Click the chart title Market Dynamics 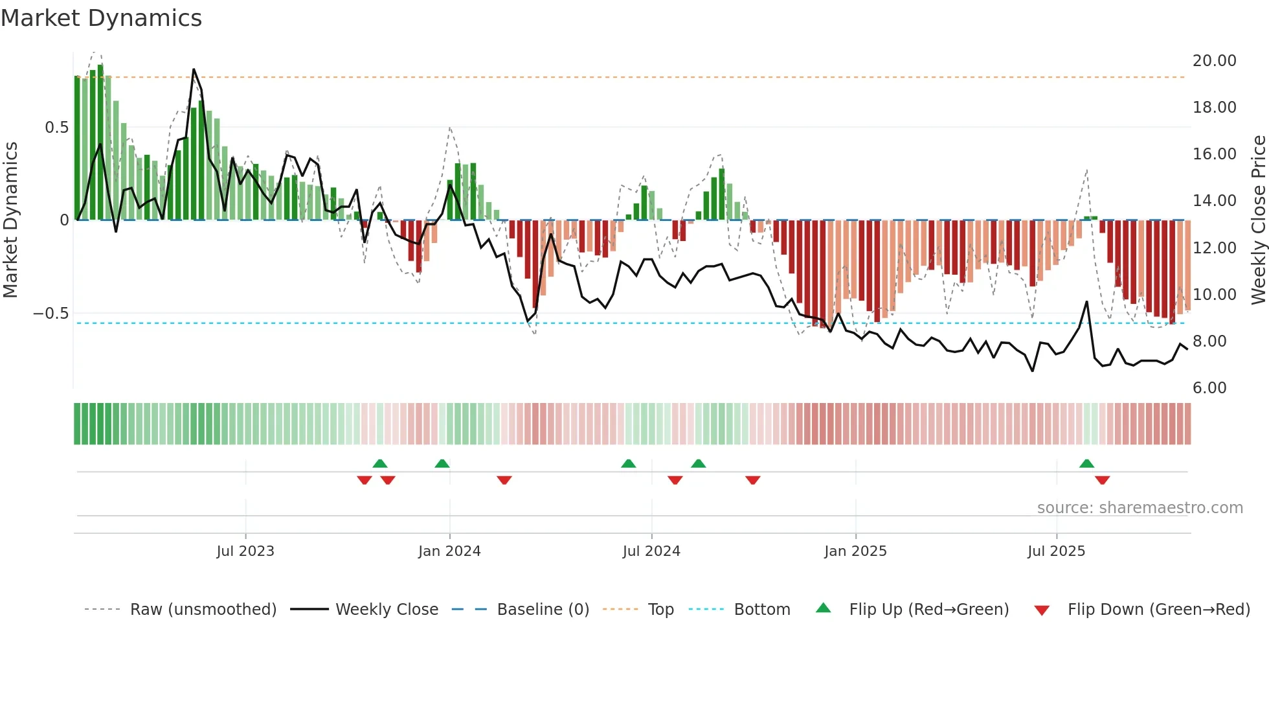tap(102, 18)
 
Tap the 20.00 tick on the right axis tap(1214, 61)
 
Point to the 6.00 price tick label tap(1209, 388)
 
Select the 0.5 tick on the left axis tap(56, 128)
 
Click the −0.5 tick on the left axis tap(51, 314)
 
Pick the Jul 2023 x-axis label tap(245, 551)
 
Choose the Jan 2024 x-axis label tap(449, 551)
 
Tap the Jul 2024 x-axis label tap(651, 551)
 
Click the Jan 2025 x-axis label tap(855, 551)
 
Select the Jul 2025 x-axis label tap(1056, 551)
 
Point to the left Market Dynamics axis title tap(10, 220)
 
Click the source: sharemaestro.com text tap(1140, 508)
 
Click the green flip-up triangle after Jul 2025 tap(1086, 463)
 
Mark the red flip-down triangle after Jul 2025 tap(1102, 480)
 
